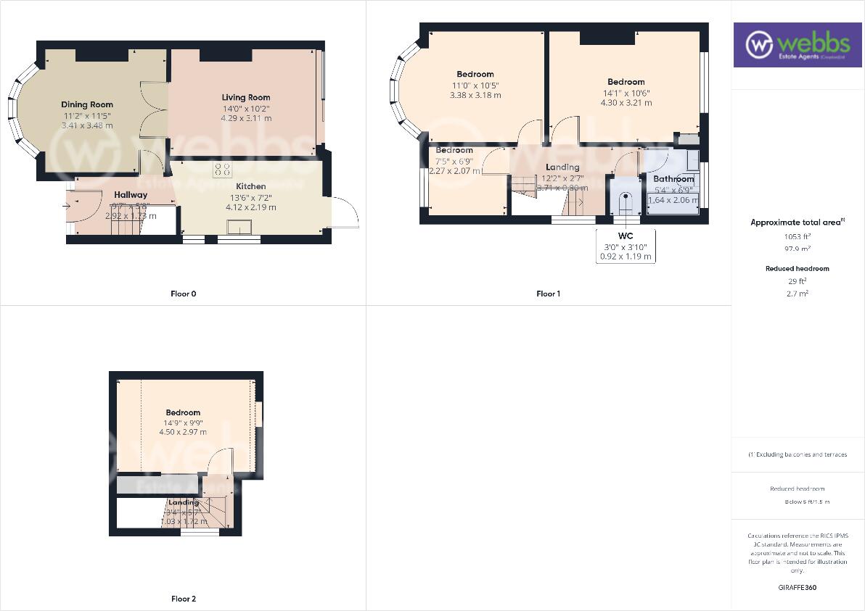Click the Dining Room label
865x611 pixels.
pyautogui.click(x=87, y=104)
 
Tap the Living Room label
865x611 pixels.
pyautogui.click(x=246, y=97)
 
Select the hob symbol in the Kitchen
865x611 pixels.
pyautogui.click(x=223, y=170)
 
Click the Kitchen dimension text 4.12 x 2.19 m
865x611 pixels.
pyautogui.click(x=250, y=207)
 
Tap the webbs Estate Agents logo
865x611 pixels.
pyautogui.click(x=796, y=45)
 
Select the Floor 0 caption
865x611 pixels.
pyautogui.click(x=183, y=294)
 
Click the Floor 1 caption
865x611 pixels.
pyautogui.click(x=548, y=294)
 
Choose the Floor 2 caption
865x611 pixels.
pyautogui.click(x=183, y=599)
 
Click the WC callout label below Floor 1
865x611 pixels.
pyautogui.click(x=626, y=236)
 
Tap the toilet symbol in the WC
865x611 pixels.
pyautogui.click(x=625, y=202)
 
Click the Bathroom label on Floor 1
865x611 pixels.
pyautogui.click(x=673, y=179)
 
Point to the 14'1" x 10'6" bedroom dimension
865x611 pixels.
pyautogui.click(x=626, y=93)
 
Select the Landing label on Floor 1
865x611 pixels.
pyautogui.click(x=562, y=167)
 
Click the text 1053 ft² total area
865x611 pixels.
pyautogui.click(x=797, y=236)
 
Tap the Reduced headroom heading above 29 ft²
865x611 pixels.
pyautogui.click(x=797, y=268)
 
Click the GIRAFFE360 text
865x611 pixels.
pyautogui.click(x=797, y=588)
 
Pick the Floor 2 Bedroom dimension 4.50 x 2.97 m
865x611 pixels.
pyautogui.click(x=183, y=432)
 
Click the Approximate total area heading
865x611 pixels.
pyautogui.click(x=797, y=223)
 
